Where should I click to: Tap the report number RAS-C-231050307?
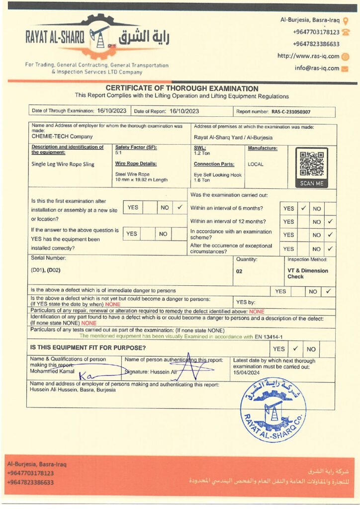point(291,112)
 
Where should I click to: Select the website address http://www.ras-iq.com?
point(308,56)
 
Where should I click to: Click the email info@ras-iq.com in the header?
point(317,68)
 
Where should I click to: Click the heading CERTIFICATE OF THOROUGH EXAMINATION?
point(181,88)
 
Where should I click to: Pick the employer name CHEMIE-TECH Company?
point(62,136)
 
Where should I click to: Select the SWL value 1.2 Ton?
point(202,154)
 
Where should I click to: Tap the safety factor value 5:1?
point(118,154)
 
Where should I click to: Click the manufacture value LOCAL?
point(256,164)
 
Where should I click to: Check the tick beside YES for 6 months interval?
point(303,208)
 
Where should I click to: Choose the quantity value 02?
point(239,271)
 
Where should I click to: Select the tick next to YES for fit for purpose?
point(294,348)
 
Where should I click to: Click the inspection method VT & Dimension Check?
point(307,273)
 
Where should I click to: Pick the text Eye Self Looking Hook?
point(217,175)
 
